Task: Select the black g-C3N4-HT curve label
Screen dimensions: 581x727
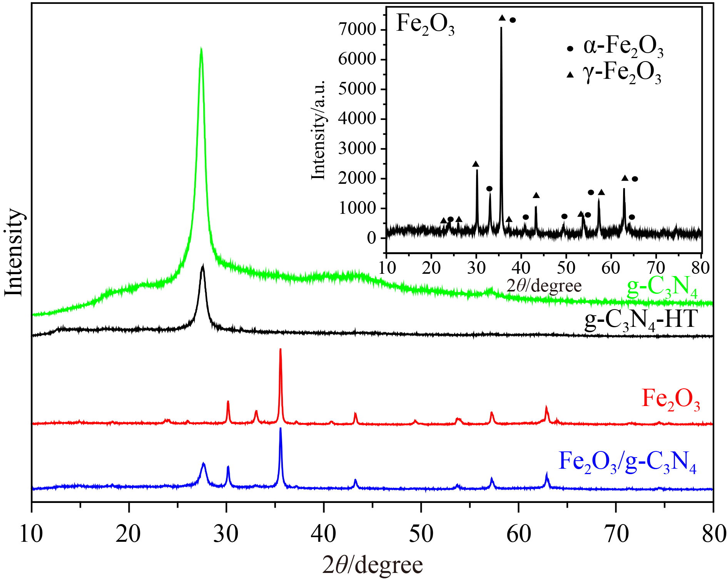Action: point(641,320)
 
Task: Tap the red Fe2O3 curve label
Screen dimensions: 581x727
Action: point(670,399)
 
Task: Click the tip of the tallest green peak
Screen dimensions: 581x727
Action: point(201,48)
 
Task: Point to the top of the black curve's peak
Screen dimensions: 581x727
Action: point(203,266)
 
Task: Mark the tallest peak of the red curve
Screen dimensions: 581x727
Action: point(280,349)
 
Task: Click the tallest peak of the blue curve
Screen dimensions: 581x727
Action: point(280,428)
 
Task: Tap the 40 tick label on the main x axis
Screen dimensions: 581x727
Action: point(324,534)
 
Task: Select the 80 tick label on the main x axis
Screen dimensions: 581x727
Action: point(713,534)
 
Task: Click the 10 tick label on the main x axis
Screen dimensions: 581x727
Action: point(32,534)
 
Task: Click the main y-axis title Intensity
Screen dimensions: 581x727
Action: point(14,252)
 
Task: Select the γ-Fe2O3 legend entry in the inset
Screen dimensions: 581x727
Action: point(614,73)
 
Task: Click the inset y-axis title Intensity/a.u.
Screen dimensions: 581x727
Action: point(318,131)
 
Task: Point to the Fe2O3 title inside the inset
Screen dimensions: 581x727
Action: point(425,25)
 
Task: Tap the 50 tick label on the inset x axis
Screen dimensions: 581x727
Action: point(566,268)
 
